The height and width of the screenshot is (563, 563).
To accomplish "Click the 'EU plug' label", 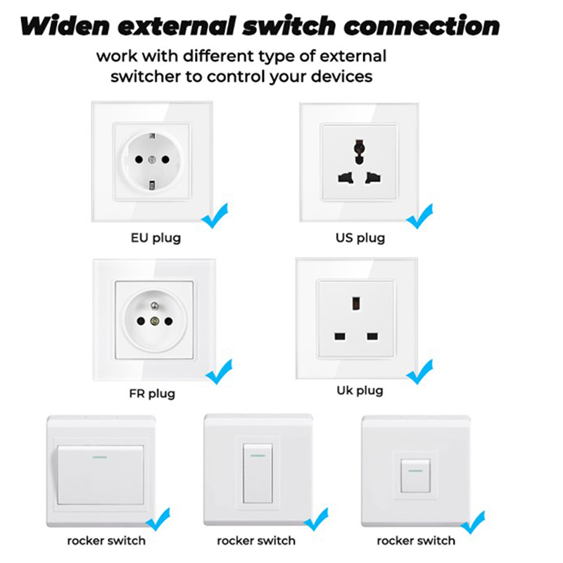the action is [x=156, y=238].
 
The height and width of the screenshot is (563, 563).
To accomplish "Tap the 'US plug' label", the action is [x=360, y=238].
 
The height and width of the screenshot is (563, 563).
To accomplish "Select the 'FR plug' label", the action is [x=152, y=394].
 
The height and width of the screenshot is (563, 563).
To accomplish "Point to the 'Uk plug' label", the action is [x=360, y=391].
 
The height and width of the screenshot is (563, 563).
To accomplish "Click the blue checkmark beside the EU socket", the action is [x=215, y=216].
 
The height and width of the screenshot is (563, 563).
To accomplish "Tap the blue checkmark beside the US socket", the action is [x=419, y=216].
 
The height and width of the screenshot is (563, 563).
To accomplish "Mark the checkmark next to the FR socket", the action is [x=219, y=372].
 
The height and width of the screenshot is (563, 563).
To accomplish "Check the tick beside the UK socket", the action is [x=419, y=372].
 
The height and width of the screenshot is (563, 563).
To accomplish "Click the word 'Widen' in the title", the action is [x=65, y=26].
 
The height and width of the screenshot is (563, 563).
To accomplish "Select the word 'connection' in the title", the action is [x=422, y=26].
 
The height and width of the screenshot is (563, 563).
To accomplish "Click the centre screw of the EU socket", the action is [x=152, y=160].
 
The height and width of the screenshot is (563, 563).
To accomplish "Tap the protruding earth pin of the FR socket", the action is [x=154, y=306].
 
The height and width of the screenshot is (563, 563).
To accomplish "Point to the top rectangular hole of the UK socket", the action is [x=356, y=303].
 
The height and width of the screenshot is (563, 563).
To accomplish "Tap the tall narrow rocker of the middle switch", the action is [x=258, y=473].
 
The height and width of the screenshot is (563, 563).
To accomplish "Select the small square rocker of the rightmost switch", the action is [x=415, y=476].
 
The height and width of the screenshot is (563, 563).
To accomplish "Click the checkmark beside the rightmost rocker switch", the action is [x=473, y=522].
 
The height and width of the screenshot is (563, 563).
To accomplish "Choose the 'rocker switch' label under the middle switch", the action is [x=256, y=540].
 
